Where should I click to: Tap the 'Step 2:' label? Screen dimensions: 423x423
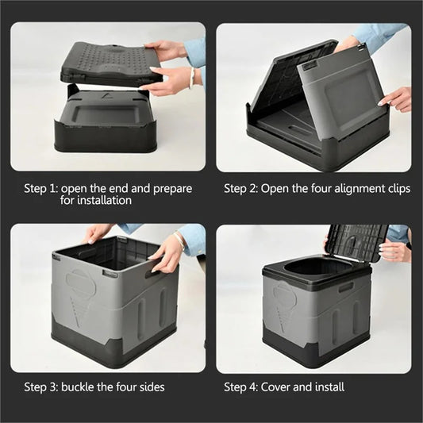[x=241, y=189]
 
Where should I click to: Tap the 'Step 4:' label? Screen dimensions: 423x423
[x=241, y=387]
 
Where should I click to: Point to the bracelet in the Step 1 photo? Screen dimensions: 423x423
[x=191, y=78]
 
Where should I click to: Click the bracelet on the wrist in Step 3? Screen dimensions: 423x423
[x=183, y=240]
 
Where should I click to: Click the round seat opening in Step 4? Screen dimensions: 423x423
[x=318, y=268]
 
